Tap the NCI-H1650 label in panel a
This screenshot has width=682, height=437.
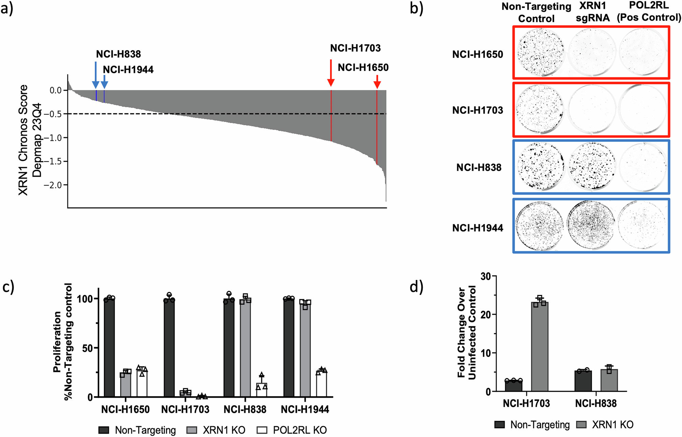point(363,67)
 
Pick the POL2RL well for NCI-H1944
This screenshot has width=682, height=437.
point(642,226)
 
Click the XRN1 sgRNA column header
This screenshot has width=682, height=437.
point(592,12)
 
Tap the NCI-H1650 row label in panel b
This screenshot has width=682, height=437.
point(477,55)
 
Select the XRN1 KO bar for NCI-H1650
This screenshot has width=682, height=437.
point(125,385)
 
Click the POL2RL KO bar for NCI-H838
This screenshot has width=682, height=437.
point(262,390)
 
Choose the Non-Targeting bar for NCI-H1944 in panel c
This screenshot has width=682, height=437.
point(288,348)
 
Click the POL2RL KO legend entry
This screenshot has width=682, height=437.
point(292,430)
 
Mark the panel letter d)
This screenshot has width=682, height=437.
point(416,287)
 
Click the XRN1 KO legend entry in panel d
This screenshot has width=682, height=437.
point(605,425)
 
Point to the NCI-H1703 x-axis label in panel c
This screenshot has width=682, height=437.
point(185,409)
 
